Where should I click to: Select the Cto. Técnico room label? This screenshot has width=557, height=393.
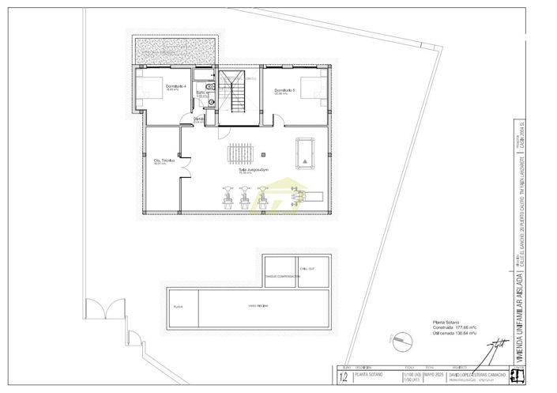[164, 161]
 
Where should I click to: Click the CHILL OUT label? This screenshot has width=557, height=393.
[307, 269]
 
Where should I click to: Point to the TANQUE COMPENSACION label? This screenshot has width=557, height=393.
[281, 276]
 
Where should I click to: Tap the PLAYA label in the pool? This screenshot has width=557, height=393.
[179, 305]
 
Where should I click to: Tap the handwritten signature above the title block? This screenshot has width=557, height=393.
[498, 346]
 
